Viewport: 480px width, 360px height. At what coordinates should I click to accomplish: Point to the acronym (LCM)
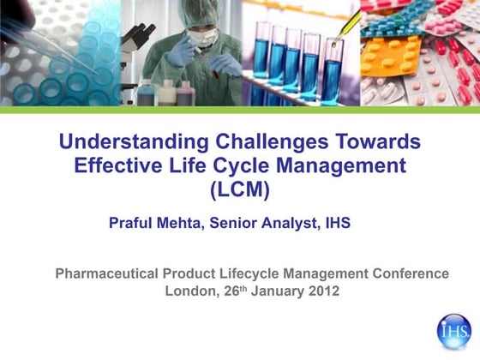pyautogui.click(x=240, y=187)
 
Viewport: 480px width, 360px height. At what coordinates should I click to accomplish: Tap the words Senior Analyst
pyautogui.click(x=271, y=223)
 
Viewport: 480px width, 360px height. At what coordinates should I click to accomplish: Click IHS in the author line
pyautogui.click(x=337, y=223)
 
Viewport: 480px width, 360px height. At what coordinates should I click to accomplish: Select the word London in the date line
pyautogui.click(x=191, y=291)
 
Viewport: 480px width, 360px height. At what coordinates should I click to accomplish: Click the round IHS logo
pyautogui.click(x=454, y=331)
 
